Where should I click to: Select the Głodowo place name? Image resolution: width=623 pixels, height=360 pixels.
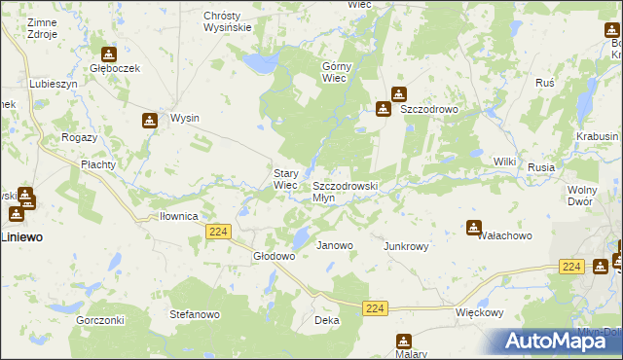tap(274, 256)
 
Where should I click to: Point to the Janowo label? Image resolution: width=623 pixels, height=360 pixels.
tap(335, 246)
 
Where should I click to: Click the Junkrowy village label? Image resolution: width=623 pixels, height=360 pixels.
tap(407, 246)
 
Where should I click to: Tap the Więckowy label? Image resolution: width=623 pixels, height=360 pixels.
tap(479, 313)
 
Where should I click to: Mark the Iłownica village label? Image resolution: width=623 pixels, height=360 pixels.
tap(179, 216)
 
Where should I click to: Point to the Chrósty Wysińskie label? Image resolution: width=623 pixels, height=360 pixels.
tap(228, 21)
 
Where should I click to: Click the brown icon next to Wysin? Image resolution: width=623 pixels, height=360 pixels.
tap(149, 121)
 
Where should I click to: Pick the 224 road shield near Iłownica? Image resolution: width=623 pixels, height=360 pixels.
tap(218, 231)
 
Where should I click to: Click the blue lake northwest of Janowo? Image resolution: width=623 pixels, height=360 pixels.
tap(302, 235)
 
